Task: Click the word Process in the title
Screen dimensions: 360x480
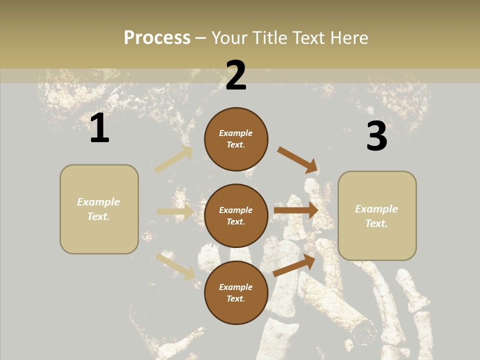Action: [x=157, y=37]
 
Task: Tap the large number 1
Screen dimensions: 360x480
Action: [x=99, y=128]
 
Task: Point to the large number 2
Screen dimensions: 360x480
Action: [x=236, y=75]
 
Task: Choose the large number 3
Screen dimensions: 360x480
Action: [x=376, y=136]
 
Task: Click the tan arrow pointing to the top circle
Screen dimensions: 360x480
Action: [x=174, y=159]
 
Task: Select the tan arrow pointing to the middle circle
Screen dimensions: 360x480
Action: [x=175, y=211]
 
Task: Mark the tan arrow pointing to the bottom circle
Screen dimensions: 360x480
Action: [x=175, y=266]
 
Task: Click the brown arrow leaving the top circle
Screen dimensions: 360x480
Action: [x=298, y=160]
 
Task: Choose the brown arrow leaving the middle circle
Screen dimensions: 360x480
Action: [x=296, y=210]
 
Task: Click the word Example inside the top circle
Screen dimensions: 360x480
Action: [x=236, y=133]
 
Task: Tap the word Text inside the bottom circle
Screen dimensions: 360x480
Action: [x=235, y=299]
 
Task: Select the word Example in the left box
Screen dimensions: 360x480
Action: [x=98, y=202]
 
